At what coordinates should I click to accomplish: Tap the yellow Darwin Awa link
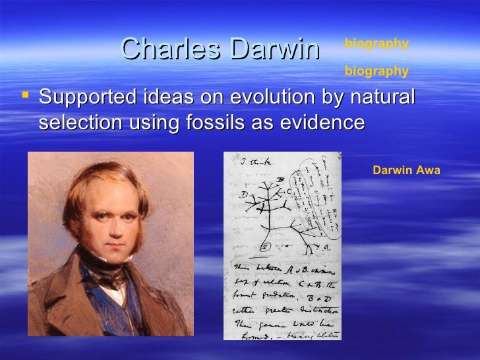pyautogui.click(x=405, y=170)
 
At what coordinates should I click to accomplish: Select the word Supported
pyautogui.click(x=85, y=98)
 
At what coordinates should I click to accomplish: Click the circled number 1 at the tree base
pyautogui.click(x=266, y=247)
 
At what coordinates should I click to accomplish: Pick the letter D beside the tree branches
pyautogui.click(x=243, y=195)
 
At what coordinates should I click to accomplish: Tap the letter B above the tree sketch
pyautogui.click(x=280, y=179)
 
